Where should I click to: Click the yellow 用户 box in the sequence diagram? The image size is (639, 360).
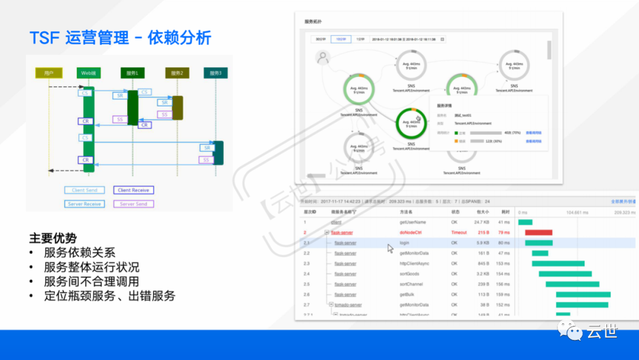pyautogui.click(x=49, y=73)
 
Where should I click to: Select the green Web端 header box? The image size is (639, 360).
pyautogui.click(x=89, y=73)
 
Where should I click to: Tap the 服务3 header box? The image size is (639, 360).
pyautogui.click(x=215, y=73)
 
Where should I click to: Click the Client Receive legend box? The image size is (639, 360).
pyautogui.click(x=134, y=190)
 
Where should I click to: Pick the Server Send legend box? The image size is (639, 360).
pyautogui.click(x=134, y=204)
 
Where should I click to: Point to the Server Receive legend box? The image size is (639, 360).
pyautogui.click(x=85, y=204)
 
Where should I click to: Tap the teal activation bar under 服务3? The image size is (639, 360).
pyautogui.click(x=218, y=153)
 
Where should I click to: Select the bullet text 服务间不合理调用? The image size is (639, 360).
pyautogui.click(x=91, y=281)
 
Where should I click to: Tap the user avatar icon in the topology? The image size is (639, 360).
pyautogui.click(x=322, y=58)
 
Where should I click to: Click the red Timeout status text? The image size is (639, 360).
pyautogui.click(x=459, y=233)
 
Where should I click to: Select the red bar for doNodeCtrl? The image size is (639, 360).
pyautogui.click(x=538, y=233)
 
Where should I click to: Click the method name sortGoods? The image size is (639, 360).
pyautogui.click(x=409, y=274)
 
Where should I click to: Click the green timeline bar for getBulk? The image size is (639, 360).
pyautogui.click(x=583, y=294)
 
